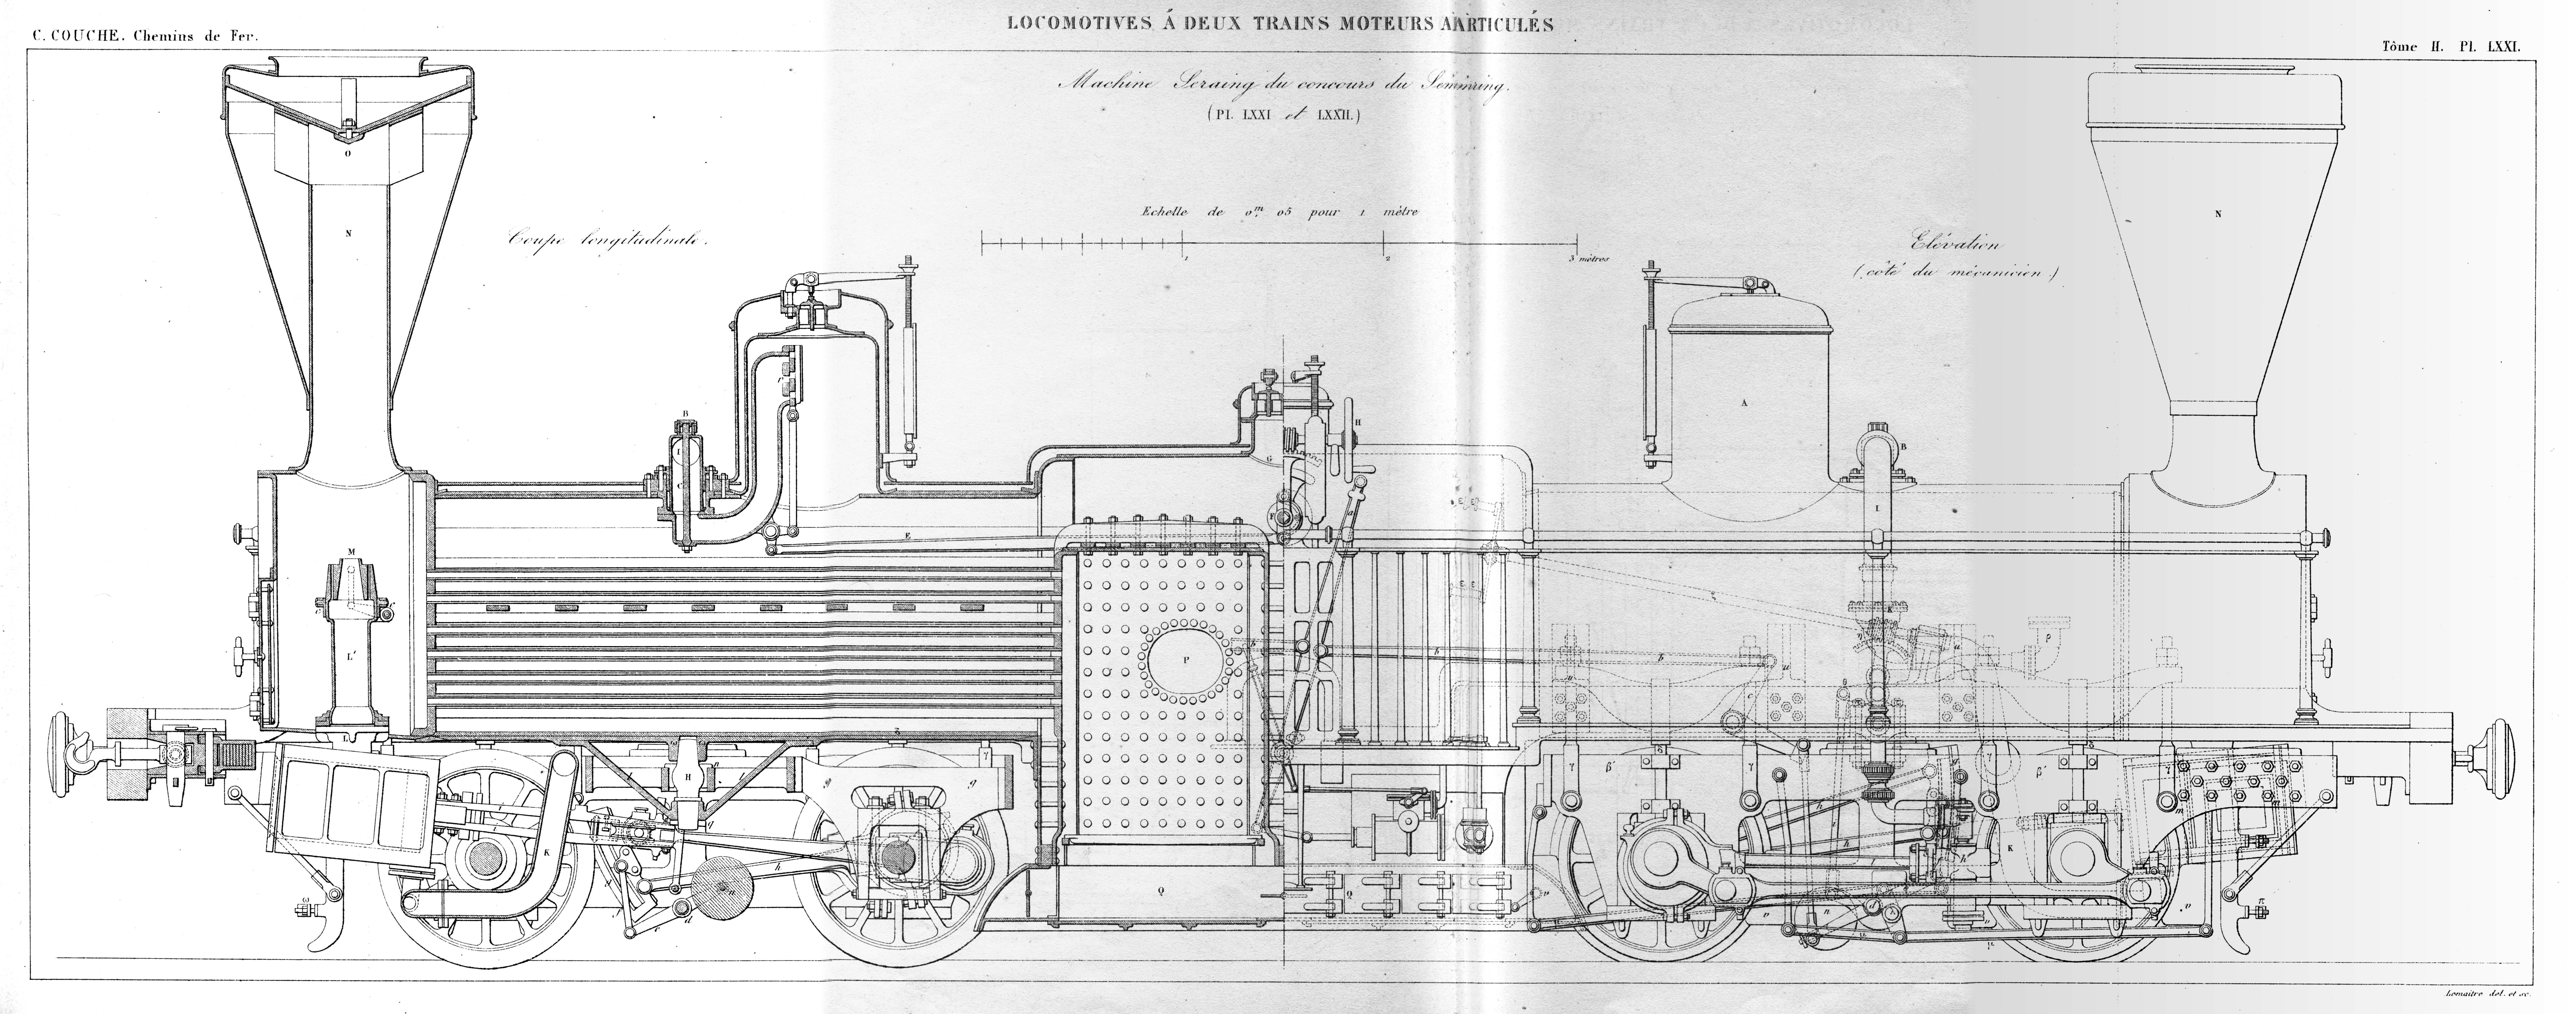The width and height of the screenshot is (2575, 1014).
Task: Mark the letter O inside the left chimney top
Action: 347,155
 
